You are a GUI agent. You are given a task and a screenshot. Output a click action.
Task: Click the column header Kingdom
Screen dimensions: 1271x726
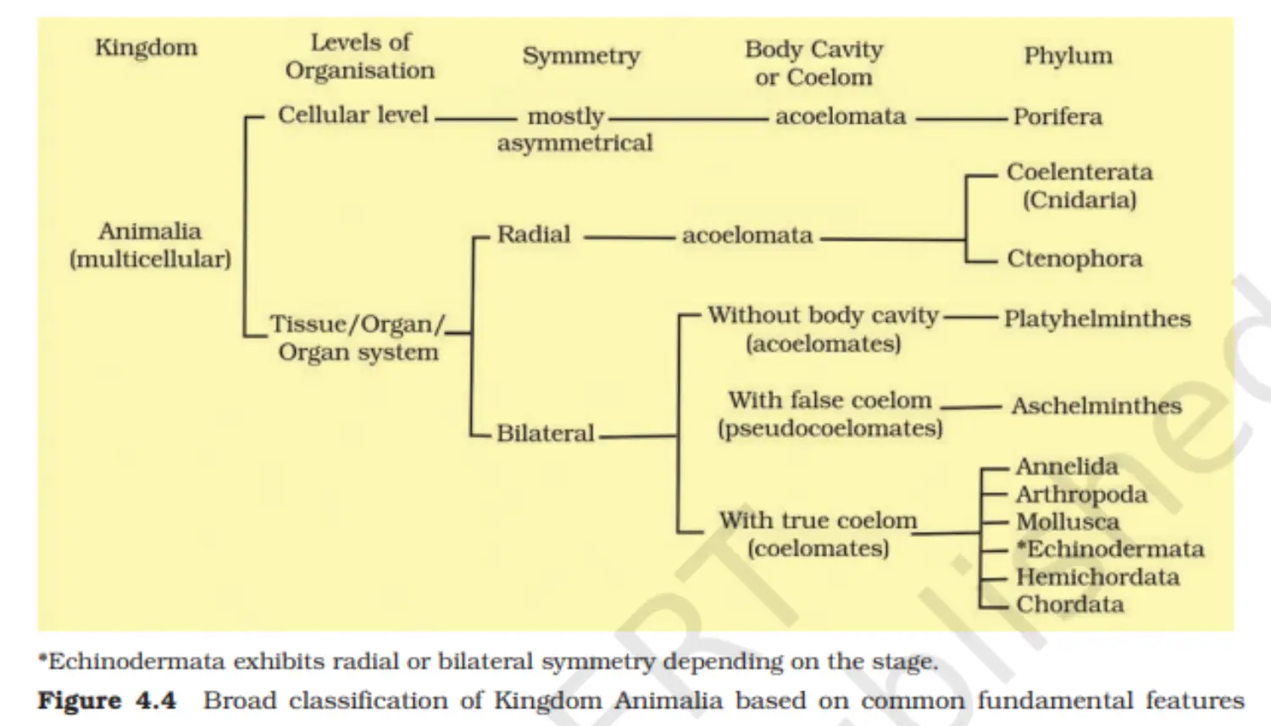click(x=147, y=48)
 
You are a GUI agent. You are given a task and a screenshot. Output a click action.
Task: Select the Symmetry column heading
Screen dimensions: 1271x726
click(x=581, y=57)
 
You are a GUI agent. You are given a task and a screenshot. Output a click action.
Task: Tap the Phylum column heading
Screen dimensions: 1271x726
click(x=1068, y=57)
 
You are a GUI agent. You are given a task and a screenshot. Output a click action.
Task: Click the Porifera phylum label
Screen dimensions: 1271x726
click(x=1057, y=117)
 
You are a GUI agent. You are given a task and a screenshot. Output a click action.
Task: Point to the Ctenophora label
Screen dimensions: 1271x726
click(x=1074, y=258)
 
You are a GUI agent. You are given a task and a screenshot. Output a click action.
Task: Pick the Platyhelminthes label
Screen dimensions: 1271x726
click(x=1097, y=319)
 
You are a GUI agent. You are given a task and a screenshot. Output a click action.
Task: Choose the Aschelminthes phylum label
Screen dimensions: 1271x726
click(x=1096, y=406)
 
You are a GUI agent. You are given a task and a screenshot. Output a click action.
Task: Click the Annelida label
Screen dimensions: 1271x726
click(x=1067, y=467)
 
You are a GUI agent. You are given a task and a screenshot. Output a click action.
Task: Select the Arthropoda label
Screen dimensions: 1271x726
click(x=1081, y=495)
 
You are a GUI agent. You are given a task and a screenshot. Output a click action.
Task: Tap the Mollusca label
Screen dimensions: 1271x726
click(x=1068, y=522)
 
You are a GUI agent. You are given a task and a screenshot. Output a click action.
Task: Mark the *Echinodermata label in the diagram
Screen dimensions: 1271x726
click(x=1110, y=549)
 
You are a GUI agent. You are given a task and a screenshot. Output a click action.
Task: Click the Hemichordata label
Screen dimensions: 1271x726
click(x=1097, y=577)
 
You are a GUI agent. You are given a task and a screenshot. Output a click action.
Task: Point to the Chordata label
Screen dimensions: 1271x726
click(x=1069, y=604)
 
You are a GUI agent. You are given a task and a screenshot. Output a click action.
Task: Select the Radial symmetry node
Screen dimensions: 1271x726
click(x=533, y=235)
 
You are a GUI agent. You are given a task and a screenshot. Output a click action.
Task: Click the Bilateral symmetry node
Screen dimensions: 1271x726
click(x=545, y=434)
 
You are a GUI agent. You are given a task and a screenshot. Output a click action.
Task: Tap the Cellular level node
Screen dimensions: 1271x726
click(x=352, y=115)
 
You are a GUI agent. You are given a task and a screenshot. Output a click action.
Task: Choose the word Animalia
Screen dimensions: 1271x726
click(x=150, y=231)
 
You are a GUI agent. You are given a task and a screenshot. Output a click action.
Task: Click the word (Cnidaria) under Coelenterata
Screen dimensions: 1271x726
click(x=1080, y=200)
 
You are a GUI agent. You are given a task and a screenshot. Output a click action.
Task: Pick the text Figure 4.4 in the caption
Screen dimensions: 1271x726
click(x=107, y=701)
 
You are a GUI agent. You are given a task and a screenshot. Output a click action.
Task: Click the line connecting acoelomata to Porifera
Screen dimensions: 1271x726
click(x=961, y=119)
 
